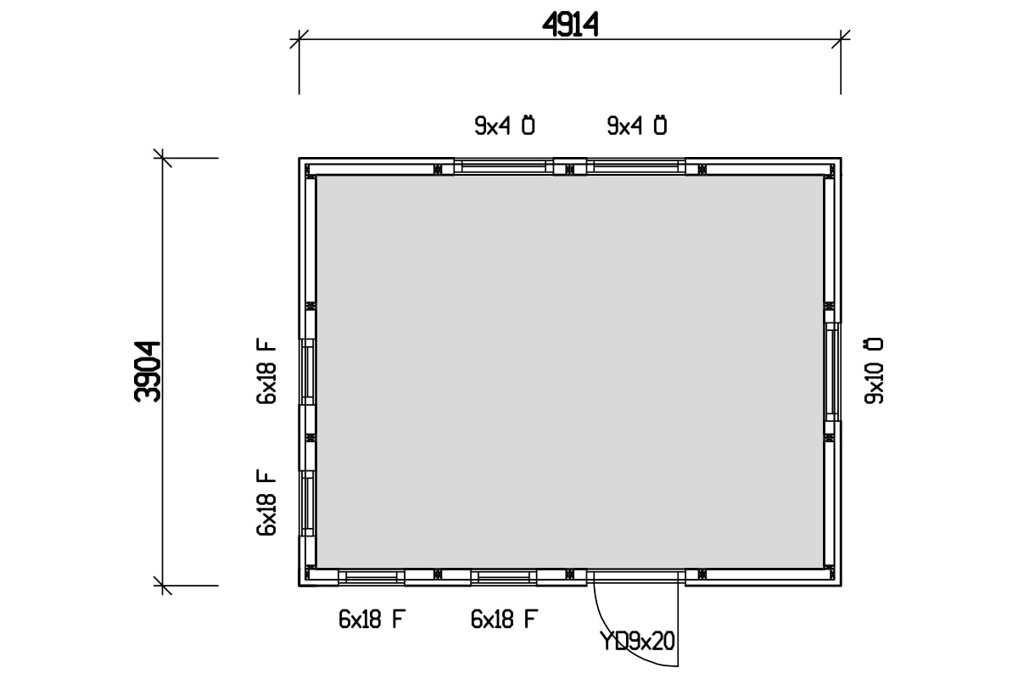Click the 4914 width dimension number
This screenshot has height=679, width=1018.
coord(570,25)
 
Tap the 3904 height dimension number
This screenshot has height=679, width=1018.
coord(148,371)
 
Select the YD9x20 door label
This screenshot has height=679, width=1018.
coord(637,641)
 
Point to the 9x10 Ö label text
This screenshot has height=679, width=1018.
coord(873,370)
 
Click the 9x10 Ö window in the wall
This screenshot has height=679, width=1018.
coord(832,371)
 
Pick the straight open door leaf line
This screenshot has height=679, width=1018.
coord(677,620)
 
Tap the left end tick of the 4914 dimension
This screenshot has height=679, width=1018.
coord(299,38)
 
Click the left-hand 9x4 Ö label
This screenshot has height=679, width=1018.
coord(505,126)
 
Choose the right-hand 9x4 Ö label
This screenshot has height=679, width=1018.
coord(637,126)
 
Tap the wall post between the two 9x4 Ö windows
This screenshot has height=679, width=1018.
coord(570,166)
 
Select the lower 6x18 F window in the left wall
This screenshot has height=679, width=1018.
coord(307,503)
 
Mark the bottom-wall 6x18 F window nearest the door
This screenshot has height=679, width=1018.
coord(504,578)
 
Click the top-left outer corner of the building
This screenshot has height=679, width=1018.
coord(299,159)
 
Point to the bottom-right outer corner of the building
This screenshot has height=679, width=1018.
coord(840,586)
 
